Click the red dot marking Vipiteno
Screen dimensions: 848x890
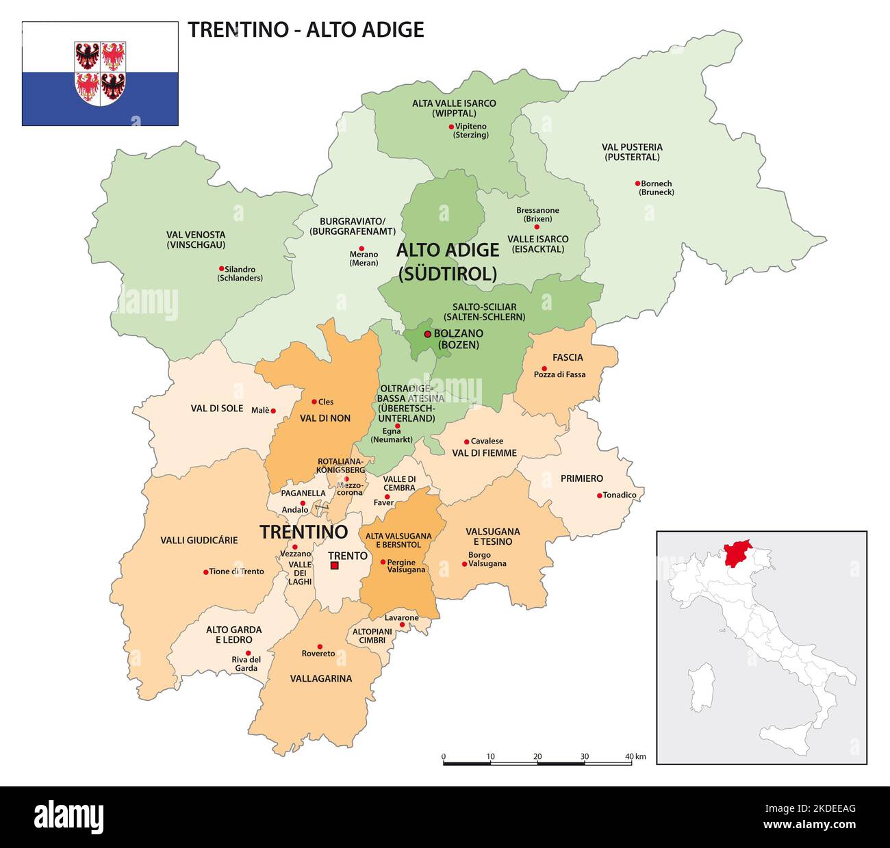pos(451,127)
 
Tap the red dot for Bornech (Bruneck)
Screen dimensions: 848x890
pos(637,183)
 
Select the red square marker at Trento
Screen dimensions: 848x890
pos(334,565)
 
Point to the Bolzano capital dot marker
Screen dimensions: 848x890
pos(427,334)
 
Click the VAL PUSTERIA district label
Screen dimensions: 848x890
pos(632,152)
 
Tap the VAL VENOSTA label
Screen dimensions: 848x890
pos(195,240)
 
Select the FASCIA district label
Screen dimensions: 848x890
pos(568,357)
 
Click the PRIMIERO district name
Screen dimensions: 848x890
pos(581,478)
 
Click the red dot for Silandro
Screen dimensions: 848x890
pos(221,269)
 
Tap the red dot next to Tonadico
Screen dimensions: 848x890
pos(599,496)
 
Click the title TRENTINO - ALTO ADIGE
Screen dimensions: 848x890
pos(306,29)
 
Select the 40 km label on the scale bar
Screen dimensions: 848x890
pos(635,756)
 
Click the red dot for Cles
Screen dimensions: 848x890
pos(314,402)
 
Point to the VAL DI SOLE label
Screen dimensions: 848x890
pos(216,409)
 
